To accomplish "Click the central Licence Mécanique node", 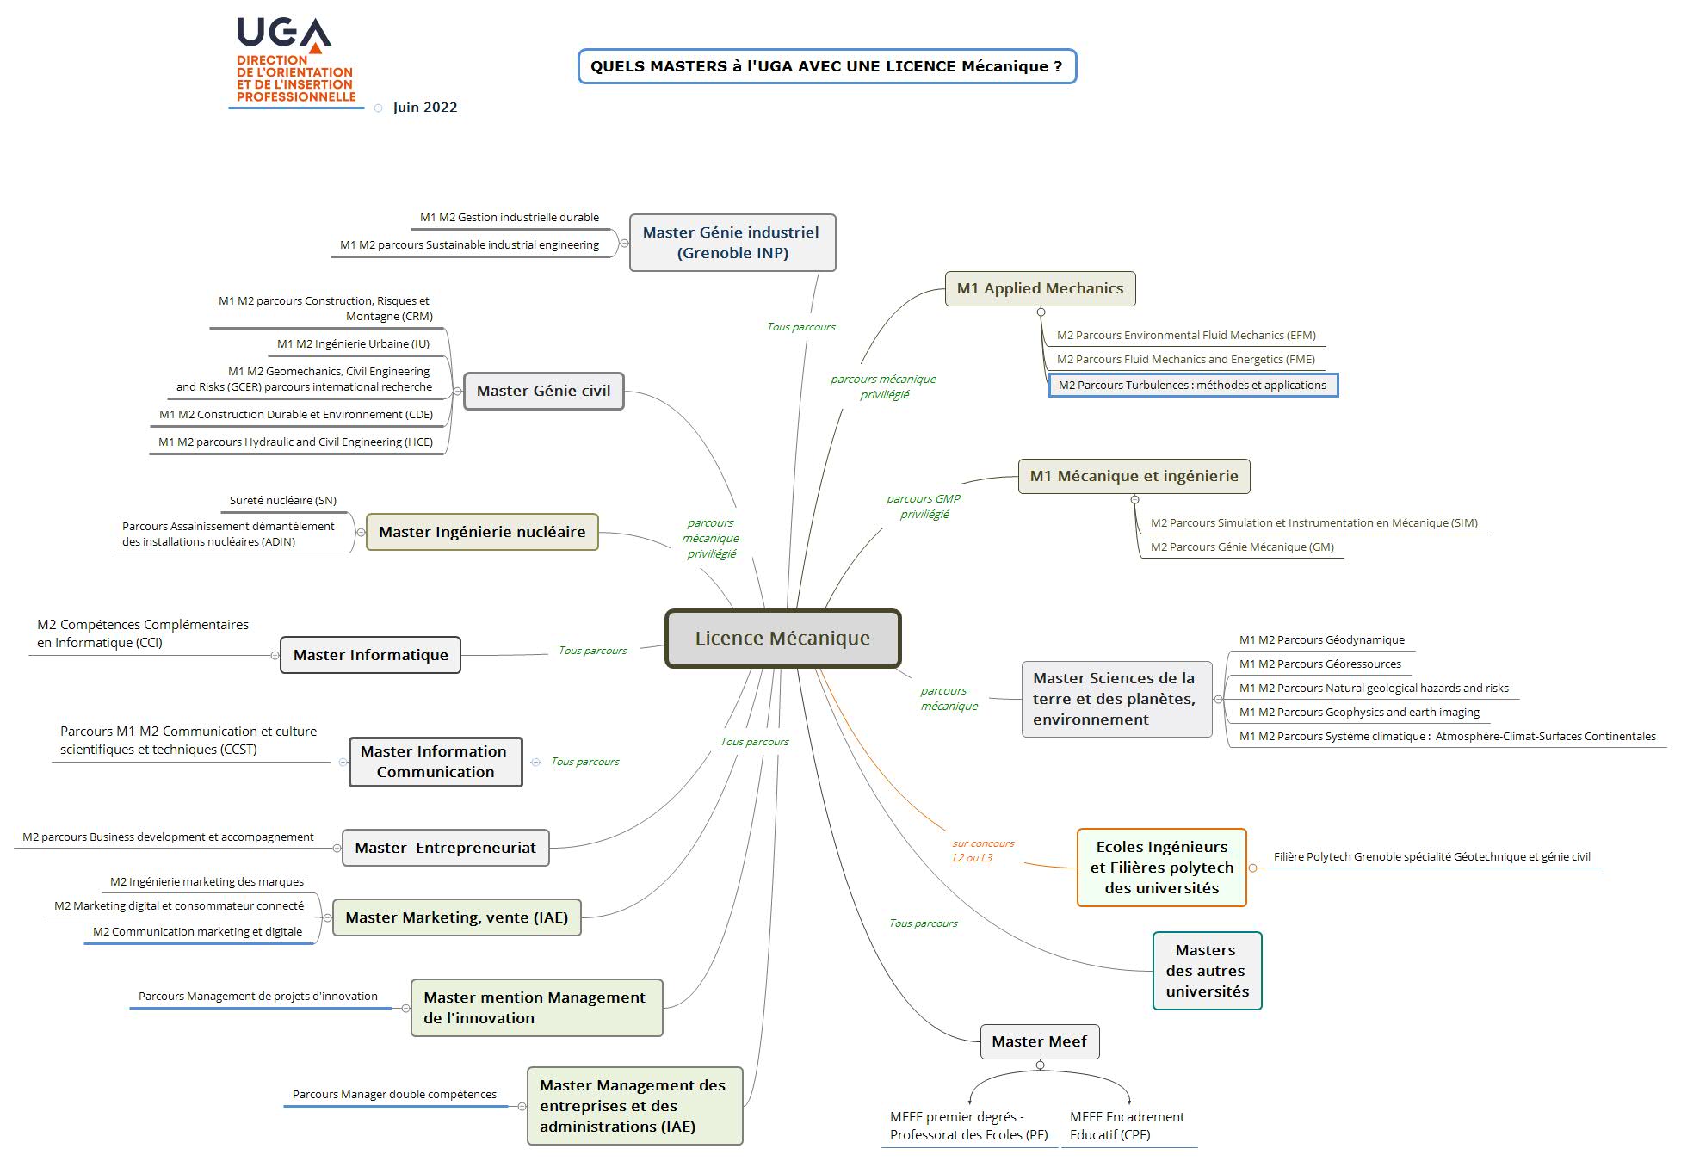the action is click(782, 639).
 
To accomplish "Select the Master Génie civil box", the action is click(543, 391).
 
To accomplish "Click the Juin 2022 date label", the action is click(425, 108).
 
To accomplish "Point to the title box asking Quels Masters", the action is click(826, 66).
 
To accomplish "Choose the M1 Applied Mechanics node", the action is click(1040, 288).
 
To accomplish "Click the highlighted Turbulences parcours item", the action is click(1192, 385).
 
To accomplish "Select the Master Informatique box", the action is click(370, 655).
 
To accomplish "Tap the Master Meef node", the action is click(1040, 1041).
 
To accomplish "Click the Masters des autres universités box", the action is click(1207, 971).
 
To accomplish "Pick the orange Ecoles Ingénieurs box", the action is click(1161, 868).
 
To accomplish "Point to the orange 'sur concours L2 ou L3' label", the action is click(983, 850).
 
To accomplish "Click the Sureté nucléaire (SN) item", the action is click(282, 500).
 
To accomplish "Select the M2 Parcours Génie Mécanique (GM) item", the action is click(1242, 547).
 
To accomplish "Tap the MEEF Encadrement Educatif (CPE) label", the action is click(1127, 1126).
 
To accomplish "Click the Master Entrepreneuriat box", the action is click(445, 848).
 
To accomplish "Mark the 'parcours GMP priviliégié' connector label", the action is click(924, 506).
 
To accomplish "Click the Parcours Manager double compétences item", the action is click(394, 1094).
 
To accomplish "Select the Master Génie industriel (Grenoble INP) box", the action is click(732, 243).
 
